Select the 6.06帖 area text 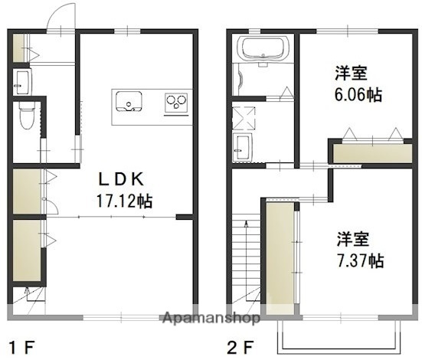pyautogui.click(x=352, y=95)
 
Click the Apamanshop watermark pyautogui.click(x=210, y=317)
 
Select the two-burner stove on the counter pyautogui.click(x=177, y=100)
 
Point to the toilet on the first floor pyautogui.click(x=27, y=117)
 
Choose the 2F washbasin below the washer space pyautogui.click(x=244, y=146)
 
